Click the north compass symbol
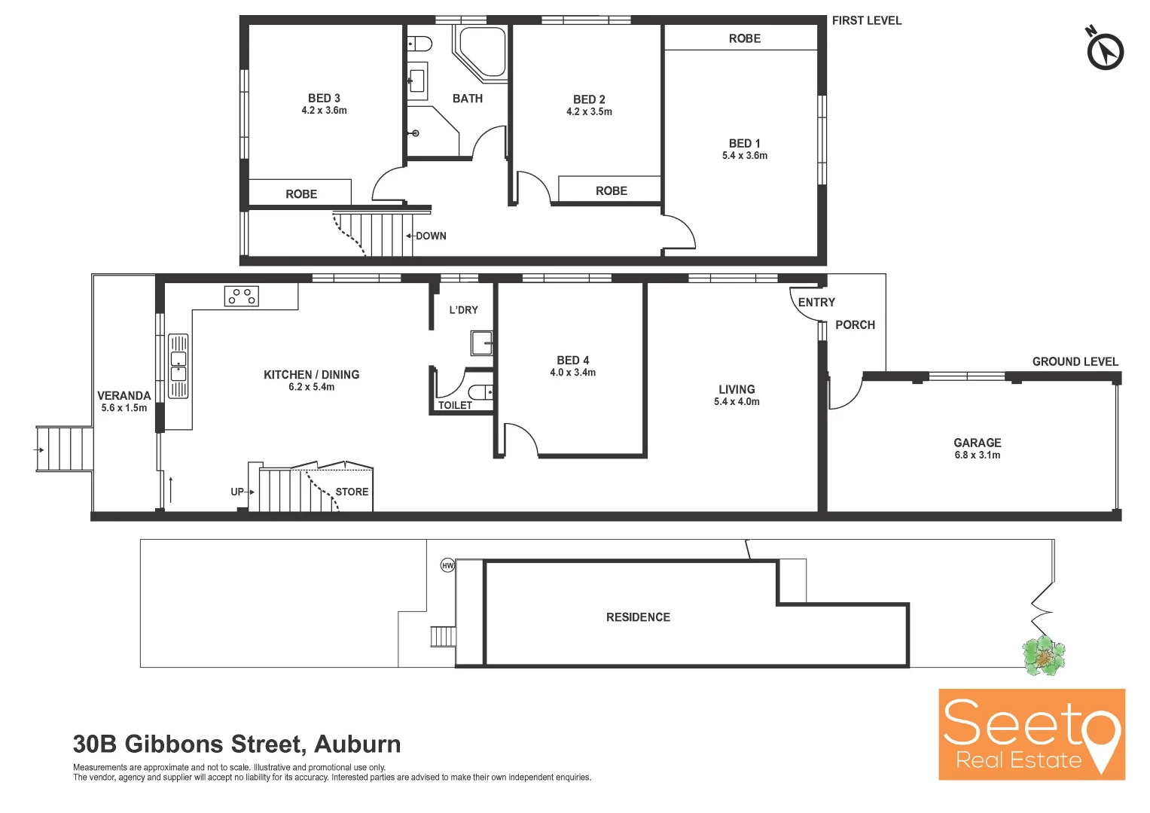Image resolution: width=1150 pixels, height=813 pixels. (x=1105, y=51)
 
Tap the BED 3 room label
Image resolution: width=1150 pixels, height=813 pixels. (x=324, y=98)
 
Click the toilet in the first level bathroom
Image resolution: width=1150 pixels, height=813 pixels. (x=419, y=43)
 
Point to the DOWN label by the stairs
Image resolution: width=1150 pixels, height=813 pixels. (x=431, y=236)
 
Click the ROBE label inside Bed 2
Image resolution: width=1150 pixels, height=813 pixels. (x=611, y=191)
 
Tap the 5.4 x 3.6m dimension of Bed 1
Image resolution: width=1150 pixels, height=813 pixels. (x=745, y=156)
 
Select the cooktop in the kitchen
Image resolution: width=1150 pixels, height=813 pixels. (x=242, y=296)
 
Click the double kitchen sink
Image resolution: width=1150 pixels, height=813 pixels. (x=178, y=365)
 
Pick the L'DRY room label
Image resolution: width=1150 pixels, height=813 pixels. (x=463, y=309)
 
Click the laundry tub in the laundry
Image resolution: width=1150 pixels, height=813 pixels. (x=482, y=343)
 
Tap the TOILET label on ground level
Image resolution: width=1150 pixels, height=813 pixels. (x=455, y=405)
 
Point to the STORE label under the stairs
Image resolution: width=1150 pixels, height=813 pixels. (x=352, y=492)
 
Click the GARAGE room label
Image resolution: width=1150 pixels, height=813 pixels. (x=977, y=443)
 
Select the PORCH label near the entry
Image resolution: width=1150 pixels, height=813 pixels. (x=855, y=325)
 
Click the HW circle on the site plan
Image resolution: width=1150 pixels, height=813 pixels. (x=447, y=565)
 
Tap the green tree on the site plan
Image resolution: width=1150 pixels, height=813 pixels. (x=1043, y=655)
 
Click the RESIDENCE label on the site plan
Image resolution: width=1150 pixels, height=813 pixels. (x=638, y=617)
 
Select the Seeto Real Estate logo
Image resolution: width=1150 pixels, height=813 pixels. (x=1031, y=734)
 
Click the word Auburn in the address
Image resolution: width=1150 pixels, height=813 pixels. (x=357, y=744)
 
